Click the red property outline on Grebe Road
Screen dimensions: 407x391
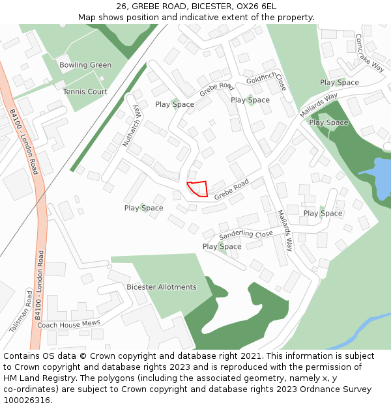[198, 188]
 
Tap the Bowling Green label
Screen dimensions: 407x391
[85, 65]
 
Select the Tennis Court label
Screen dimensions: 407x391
[85, 92]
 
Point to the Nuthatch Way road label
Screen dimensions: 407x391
[130, 125]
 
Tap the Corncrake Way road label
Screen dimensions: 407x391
[371, 51]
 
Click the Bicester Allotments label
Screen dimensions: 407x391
[162, 287]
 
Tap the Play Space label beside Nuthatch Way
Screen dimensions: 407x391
[175, 104]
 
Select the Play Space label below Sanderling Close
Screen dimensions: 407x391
[222, 247]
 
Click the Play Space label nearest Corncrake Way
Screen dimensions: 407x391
[339, 83]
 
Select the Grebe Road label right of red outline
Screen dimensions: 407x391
[231, 190]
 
